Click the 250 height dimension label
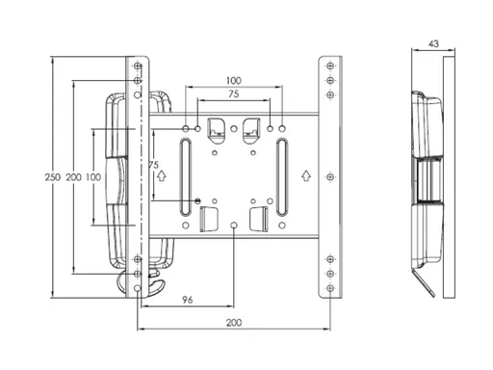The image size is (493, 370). [x=53, y=177]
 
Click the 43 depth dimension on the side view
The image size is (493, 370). [x=433, y=43]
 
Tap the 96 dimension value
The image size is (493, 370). [x=188, y=300]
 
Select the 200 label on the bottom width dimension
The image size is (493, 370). [x=234, y=323]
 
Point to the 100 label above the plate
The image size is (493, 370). [x=234, y=80]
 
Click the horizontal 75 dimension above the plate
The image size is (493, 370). [x=234, y=94]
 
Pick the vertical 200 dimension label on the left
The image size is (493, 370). [x=74, y=177]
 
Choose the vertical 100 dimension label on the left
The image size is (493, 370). [x=93, y=177]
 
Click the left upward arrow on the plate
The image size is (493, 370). [x=162, y=176]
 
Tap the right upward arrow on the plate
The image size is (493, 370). [x=306, y=176]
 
